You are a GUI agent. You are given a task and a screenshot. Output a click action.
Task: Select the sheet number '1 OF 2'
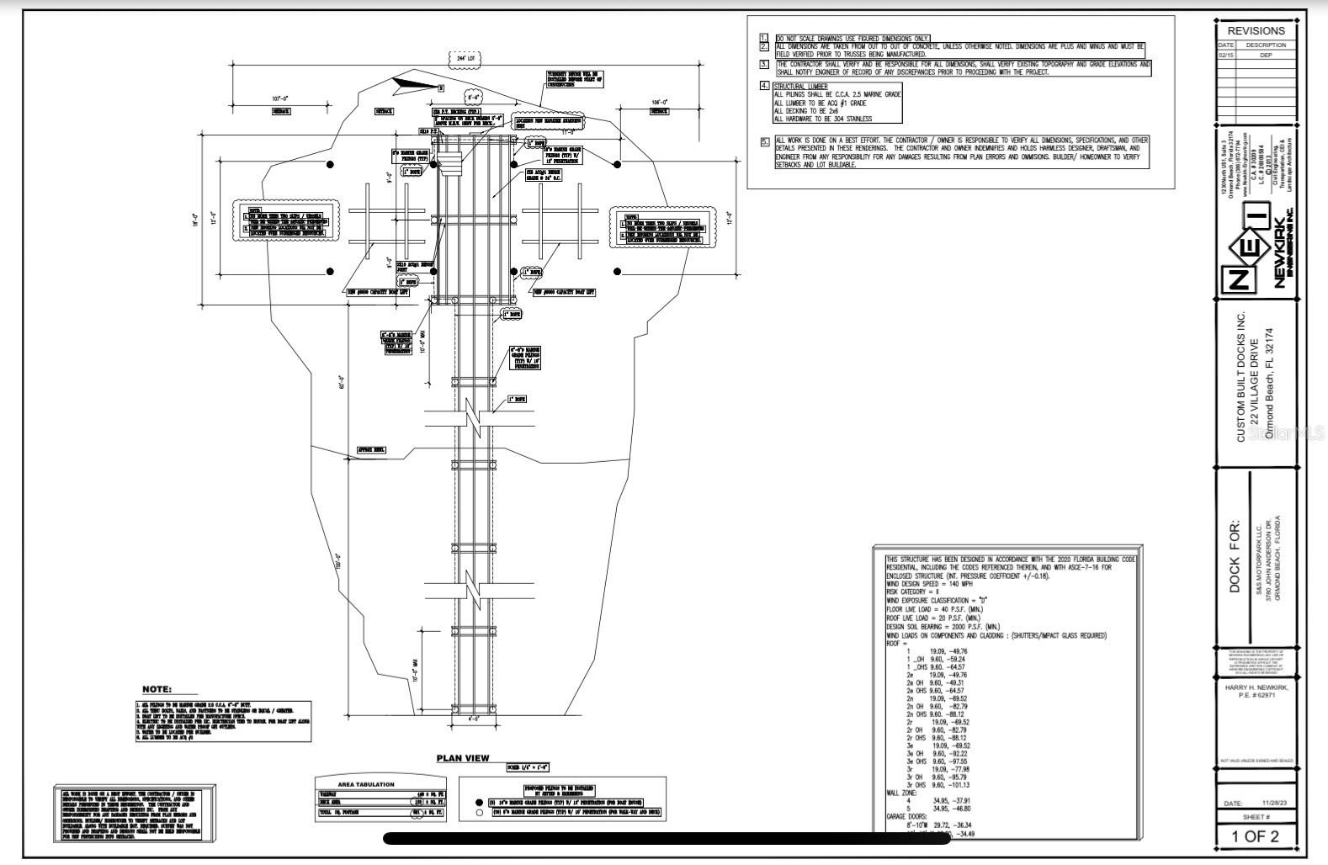[1255, 836]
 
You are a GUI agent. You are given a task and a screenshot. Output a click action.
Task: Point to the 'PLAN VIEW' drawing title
[462, 758]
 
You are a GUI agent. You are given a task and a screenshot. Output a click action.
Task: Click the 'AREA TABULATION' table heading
[365, 784]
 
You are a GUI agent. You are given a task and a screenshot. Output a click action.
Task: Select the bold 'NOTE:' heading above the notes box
[157, 689]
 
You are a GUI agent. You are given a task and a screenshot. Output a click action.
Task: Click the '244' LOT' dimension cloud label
[465, 59]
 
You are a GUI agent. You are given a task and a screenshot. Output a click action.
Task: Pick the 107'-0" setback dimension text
[281, 98]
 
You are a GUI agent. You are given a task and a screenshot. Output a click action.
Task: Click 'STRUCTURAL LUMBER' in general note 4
[800, 86]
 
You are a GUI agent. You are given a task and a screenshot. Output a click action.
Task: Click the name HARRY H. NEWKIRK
[1255, 687]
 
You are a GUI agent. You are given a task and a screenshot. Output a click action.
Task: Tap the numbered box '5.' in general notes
[765, 141]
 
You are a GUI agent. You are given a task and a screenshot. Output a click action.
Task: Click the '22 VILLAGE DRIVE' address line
[1254, 378]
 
